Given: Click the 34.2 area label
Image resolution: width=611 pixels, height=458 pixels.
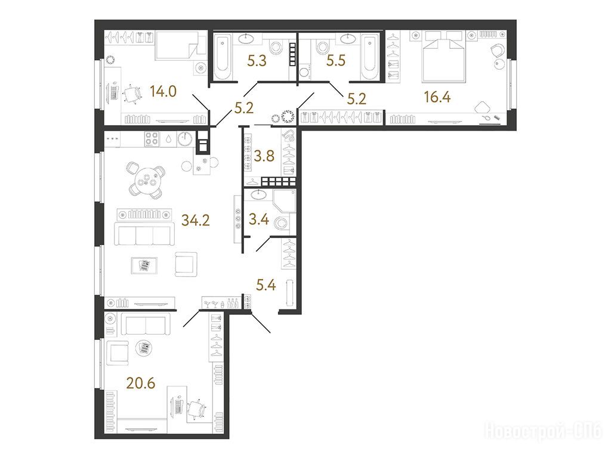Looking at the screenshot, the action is point(196,221).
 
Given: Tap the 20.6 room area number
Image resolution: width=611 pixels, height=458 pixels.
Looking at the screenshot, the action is point(141,383).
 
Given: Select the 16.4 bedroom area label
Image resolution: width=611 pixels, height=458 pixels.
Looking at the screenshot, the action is point(437,97).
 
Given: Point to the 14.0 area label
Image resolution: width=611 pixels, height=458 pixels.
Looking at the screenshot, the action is point(163,91).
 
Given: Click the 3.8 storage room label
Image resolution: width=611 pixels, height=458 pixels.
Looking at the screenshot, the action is point(264,156).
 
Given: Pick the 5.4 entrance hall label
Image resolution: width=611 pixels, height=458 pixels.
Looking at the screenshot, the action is point(266,285).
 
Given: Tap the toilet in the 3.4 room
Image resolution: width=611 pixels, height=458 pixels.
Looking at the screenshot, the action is point(281,222).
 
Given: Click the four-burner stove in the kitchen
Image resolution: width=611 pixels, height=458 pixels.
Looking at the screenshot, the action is point(152,138).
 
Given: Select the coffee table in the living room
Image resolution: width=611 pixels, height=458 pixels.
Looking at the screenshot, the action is point(144,266).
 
